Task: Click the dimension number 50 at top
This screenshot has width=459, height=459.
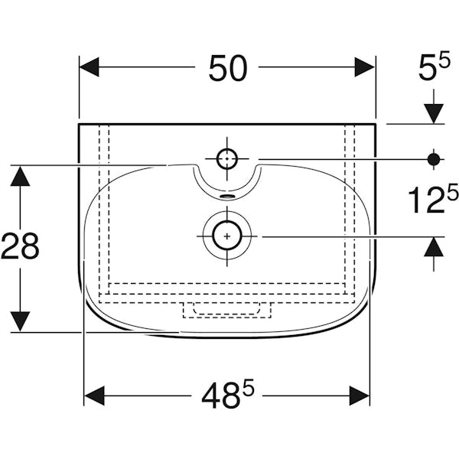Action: (228, 68)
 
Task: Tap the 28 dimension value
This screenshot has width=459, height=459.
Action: (20, 246)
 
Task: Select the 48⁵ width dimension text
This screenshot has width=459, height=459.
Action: (228, 396)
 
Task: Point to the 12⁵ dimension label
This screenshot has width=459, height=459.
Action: (433, 199)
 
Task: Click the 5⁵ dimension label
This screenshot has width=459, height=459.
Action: (434, 67)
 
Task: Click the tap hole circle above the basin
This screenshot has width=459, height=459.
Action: (227, 158)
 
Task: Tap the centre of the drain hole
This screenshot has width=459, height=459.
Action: (227, 236)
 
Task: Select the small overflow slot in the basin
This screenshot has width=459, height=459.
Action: (227, 196)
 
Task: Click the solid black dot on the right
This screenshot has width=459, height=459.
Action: (434, 159)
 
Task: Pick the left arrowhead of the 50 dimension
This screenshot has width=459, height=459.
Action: (89, 67)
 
